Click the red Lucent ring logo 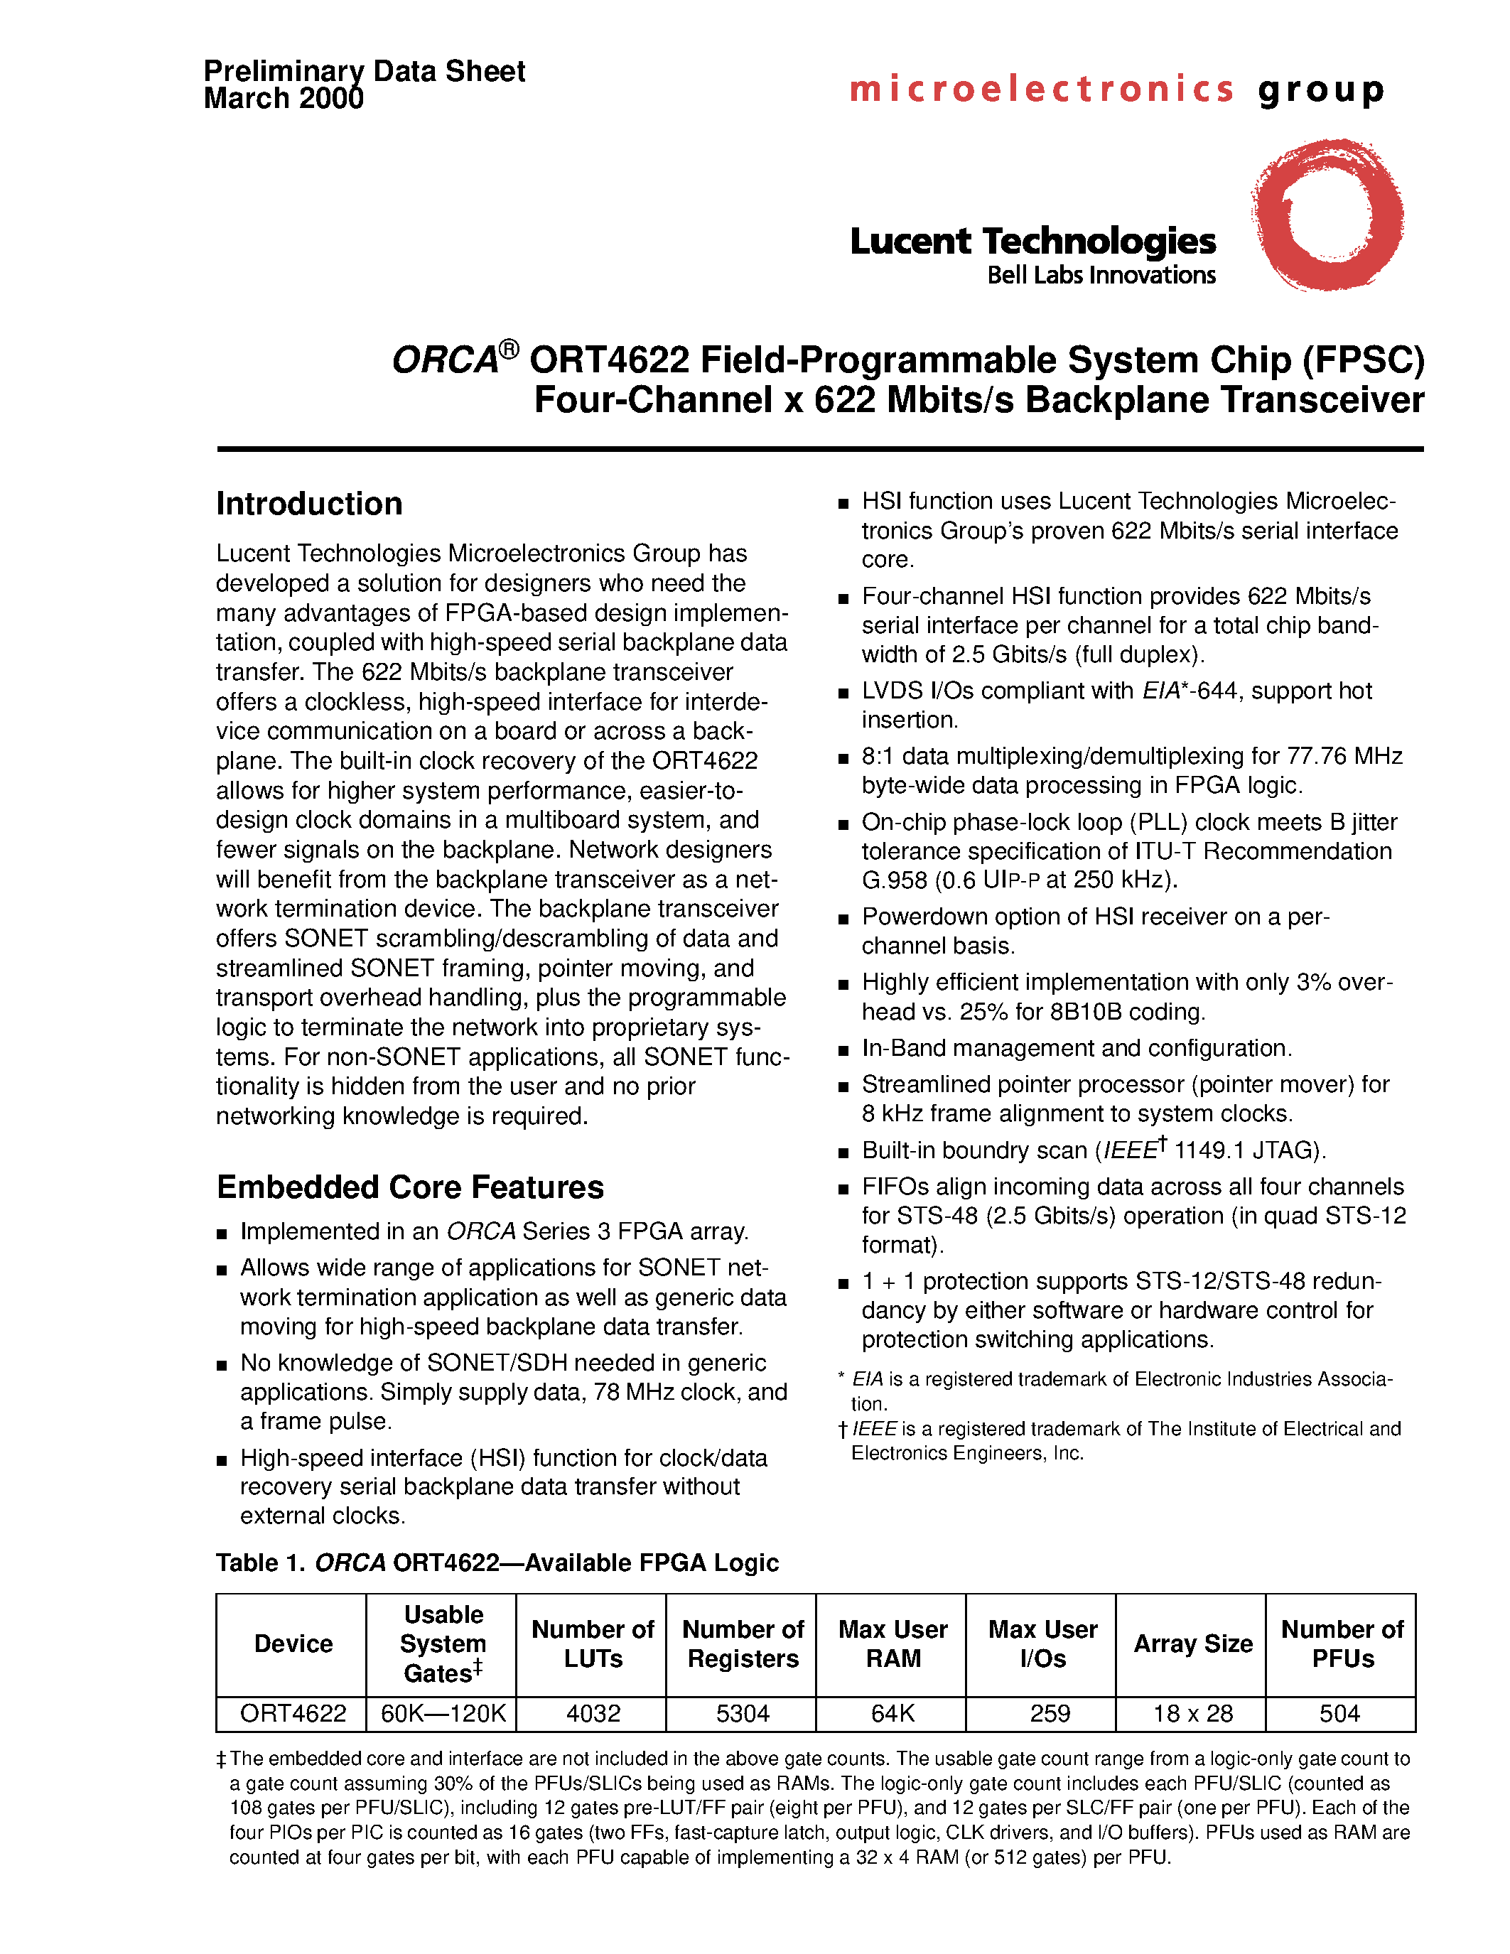1327,215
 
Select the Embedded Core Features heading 410,1187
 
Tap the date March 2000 284,99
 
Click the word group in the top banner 1321,90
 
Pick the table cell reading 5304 742,1713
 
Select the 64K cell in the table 892,1713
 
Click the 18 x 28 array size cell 1192,1713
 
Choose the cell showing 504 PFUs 1339,1713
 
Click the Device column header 293,1643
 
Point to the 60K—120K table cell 443,1713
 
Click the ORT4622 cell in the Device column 293,1713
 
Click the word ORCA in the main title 445,360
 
